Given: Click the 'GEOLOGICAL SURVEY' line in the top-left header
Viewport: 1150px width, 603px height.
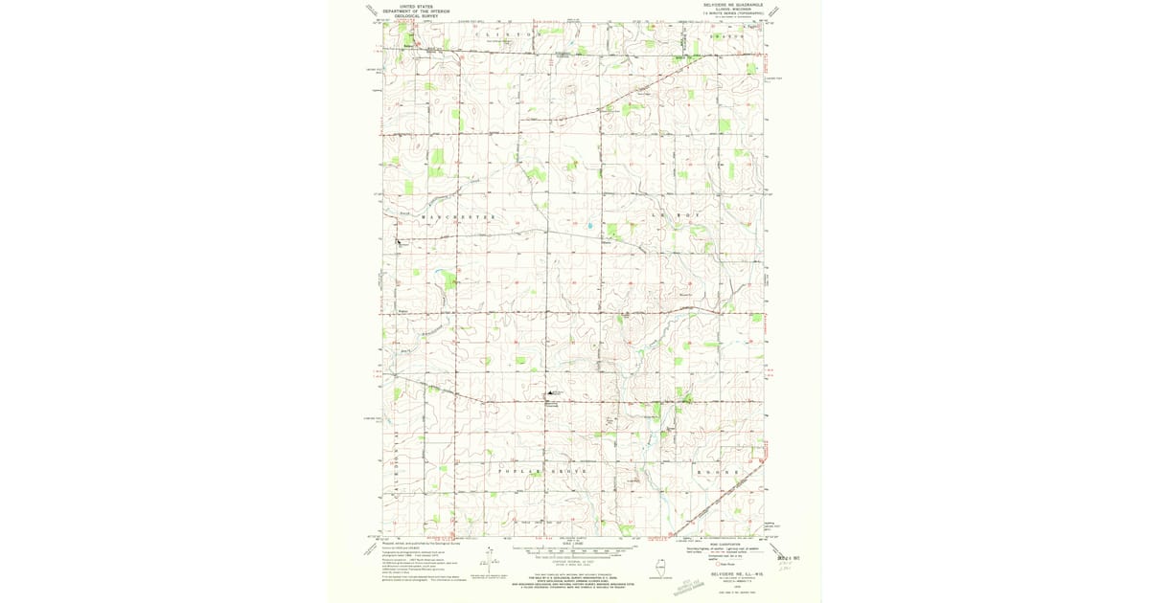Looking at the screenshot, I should point(417,16).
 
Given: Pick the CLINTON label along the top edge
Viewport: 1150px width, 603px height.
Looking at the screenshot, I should point(504,34).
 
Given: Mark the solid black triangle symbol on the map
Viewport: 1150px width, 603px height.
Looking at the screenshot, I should point(550,392).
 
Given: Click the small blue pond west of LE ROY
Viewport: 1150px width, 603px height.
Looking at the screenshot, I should point(591,227).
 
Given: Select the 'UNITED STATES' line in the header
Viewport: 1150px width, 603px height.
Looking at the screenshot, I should point(417,6).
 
